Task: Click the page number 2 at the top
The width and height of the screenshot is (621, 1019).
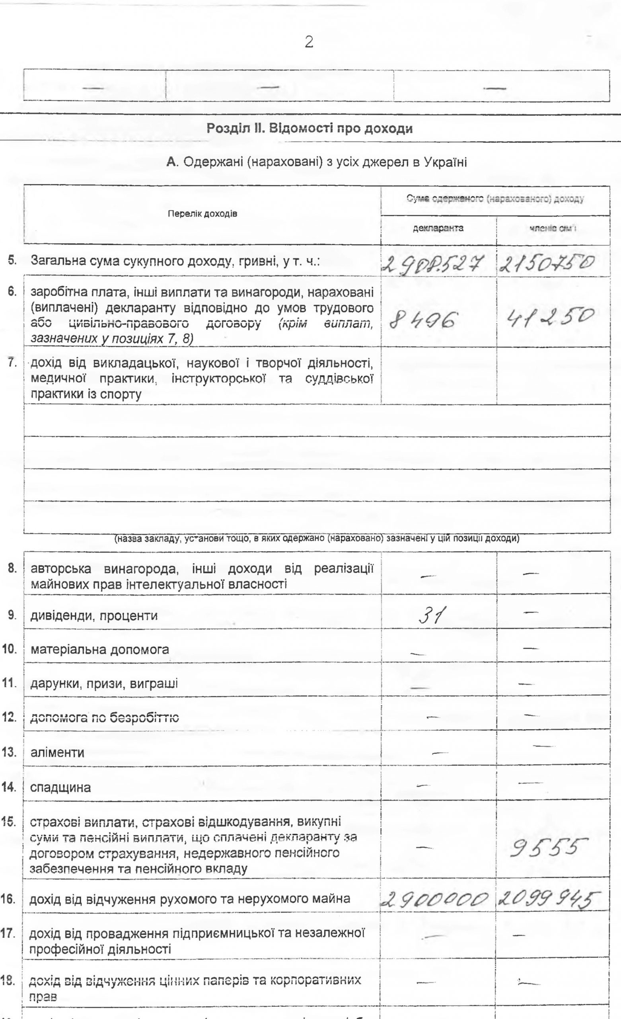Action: pyautogui.click(x=308, y=43)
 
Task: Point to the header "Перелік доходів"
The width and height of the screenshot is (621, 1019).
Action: pyautogui.click(x=202, y=214)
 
